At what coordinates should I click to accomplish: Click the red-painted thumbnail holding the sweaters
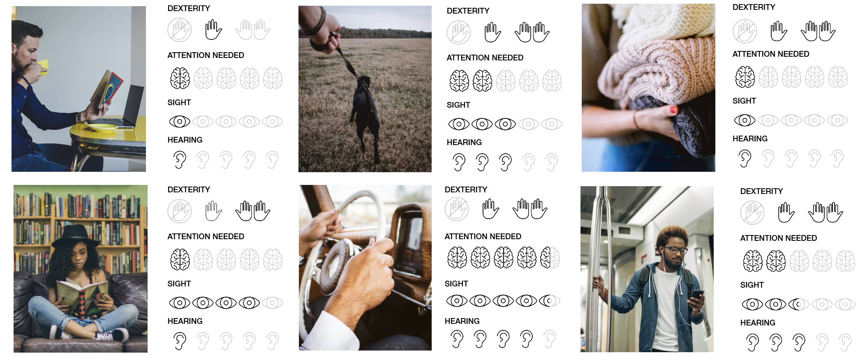pyautogui.click(x=673, y=110)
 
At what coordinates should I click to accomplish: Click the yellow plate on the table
pyautogui.click(x=102, y=127)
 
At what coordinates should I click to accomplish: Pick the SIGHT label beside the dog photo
pyautogui.click(x=458, y=105)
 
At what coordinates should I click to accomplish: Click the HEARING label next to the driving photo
pyautogui.click(x=462, y=321)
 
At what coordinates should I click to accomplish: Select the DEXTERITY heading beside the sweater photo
pyautogui.click(x=754, y=7)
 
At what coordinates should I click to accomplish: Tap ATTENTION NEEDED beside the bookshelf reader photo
pyautogui.click(x=206, y=236)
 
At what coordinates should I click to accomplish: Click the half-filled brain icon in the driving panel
pyautogui.click(x=550, y=258)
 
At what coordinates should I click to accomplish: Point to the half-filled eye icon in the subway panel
pyautogui.click(x=798, y=304)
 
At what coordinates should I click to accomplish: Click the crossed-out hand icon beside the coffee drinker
pyautogui.click(x=179, y=30)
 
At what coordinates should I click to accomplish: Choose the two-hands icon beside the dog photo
pyautogui.click(x=532, y=32)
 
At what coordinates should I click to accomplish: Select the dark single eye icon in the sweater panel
pyautogui.click(x=744, y=120)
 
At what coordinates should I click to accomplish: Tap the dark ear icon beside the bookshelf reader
pyautogui.click(x=179, y=341)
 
